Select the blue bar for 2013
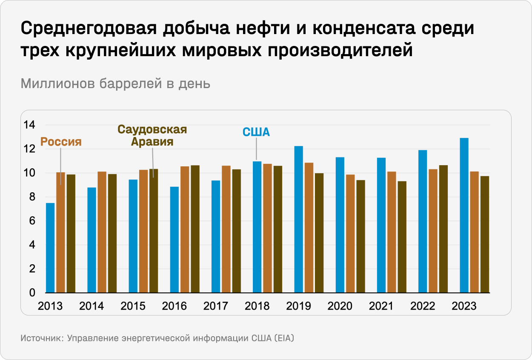[x=50, y=248]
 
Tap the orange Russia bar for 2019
[x=309, y=228]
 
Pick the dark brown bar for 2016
[x=195, y=229]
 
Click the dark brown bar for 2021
[x=402, y=237]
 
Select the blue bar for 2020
[x=340, y=225]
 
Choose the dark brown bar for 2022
[x=443, y=229]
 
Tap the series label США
[x=256, y=132]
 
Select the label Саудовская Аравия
[x=152, y=135]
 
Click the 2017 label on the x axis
[x=216, y=306]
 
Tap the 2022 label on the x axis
[x=422, y=306]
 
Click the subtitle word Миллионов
[x=58, y=84]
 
